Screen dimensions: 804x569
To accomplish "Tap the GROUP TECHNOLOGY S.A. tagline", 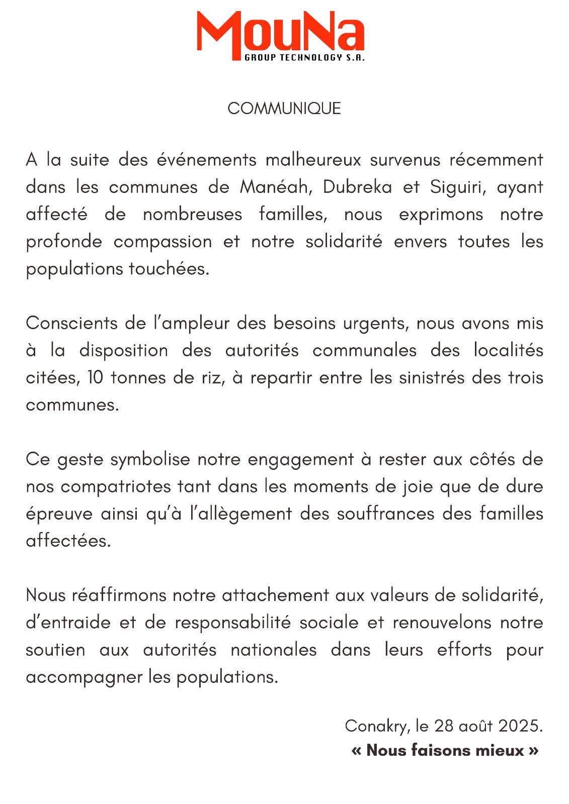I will click(304, 58).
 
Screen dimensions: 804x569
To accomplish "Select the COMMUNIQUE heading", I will click(284, 109).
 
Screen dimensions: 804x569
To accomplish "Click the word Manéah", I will click(277, 187).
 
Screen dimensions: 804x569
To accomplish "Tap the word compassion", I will click(162, 242).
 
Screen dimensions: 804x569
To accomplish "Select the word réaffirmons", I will click(120, 595).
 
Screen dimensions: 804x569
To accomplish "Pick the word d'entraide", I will click(68, 623).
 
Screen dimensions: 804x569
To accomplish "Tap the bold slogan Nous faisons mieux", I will click(445, 751).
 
